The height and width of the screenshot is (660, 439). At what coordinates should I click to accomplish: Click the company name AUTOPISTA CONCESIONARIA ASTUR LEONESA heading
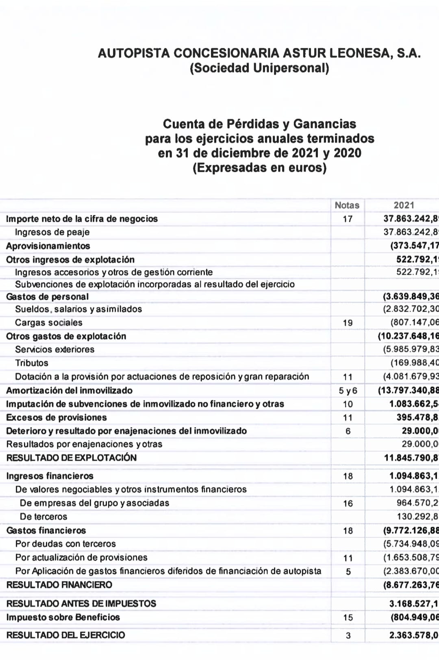pyautogui.click(x=259, y=53)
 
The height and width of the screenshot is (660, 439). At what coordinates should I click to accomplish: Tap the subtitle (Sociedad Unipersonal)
pyautogui.click(x=259, y=68)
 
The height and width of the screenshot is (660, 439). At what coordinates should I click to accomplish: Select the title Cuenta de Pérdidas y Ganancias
pyautogui.click(x=259, y=124)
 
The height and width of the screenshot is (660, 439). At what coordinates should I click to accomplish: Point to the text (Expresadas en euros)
pyautogui.click(x=259, y=167)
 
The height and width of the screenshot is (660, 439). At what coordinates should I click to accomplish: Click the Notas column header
pyautogui.click(x=347, y=205)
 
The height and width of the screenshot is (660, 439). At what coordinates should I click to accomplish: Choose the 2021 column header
pyautogui.click(x=404, y=205)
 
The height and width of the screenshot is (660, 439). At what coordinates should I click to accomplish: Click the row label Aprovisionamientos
pyautogui.click(x=48, y=246)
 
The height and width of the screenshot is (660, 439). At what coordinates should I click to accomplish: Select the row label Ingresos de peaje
pyautogui.click(x=52, y=232)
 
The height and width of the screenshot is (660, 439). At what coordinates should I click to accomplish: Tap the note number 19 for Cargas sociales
pyautogui.click(x=348, y=323)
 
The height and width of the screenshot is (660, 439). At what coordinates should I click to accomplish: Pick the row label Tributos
pyautogui.click(x=32, y=363)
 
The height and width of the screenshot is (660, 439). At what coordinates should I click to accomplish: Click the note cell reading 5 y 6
pyautogui.click(x=348, y=391)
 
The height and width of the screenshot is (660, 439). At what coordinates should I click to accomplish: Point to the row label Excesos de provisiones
pyautogui.click(x=57, y=417)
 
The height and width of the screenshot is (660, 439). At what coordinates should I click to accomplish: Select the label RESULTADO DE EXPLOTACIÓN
pyautogui.click(x=72, y=458)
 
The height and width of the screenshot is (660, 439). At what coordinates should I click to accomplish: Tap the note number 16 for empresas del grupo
pyautogui.click(x=348, y=504)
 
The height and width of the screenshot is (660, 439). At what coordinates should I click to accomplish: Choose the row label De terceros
pyautogui.click(x=43, y=517)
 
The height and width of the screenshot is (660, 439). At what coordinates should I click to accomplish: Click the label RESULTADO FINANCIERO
pyautogui.click(x=59, y=585)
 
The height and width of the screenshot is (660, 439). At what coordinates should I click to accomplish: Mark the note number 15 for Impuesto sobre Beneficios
pyautogui.click(x=348, y=618)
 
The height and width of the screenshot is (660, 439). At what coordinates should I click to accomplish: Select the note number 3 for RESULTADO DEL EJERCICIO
pyautogui.click(x=348, y=636)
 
